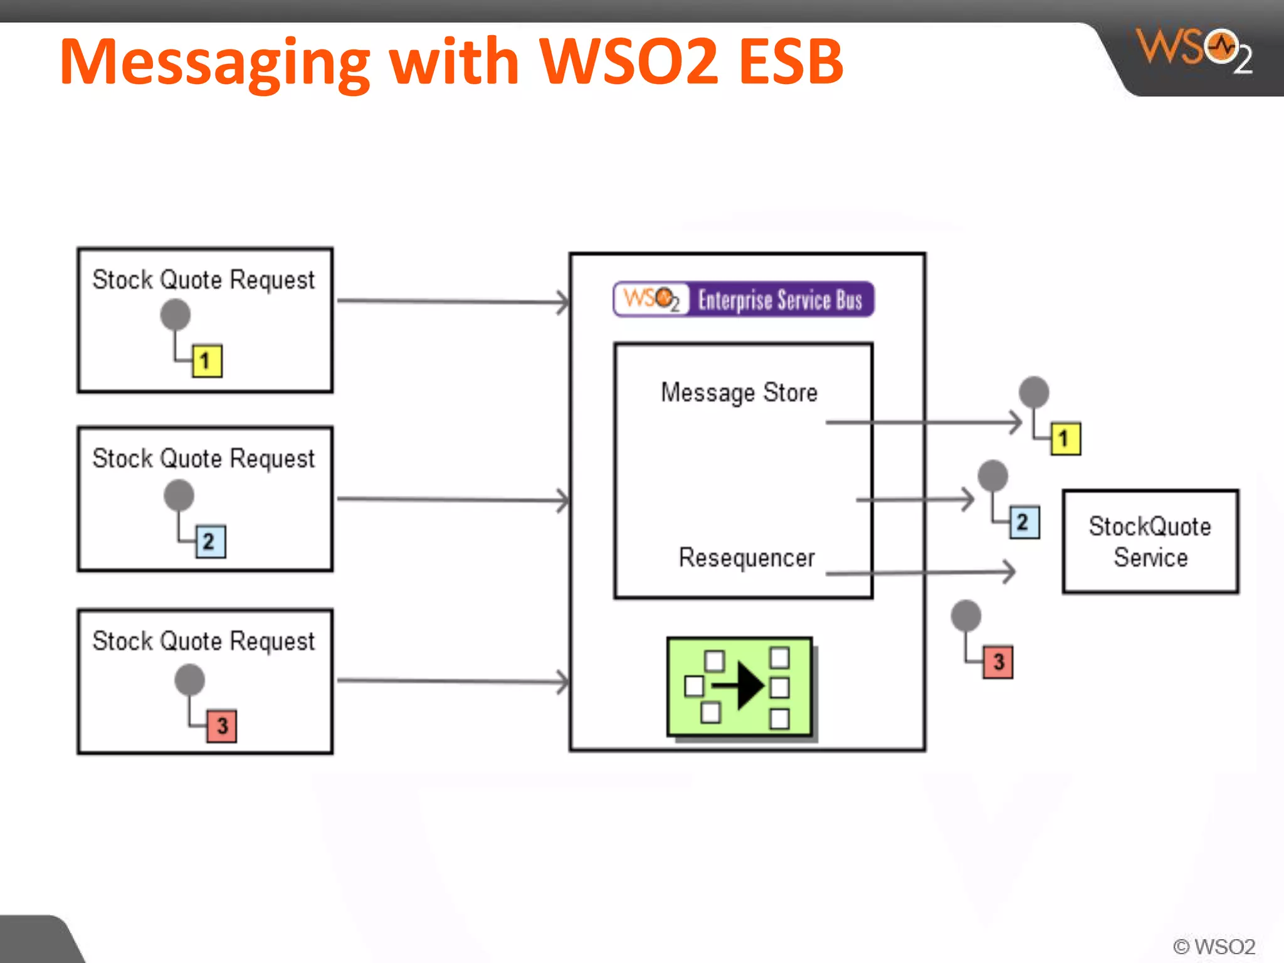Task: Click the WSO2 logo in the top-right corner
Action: tap(1194, 50)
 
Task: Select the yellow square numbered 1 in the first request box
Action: tap(207, 360)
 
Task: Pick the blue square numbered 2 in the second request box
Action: tap(211, 541)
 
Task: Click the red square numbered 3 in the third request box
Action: tap(221, 725)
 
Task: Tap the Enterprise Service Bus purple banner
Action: tap(744, 300)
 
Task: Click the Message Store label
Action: tap(739, 393)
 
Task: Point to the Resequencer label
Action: tap(747, 557)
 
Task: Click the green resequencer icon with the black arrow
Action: tap(740, 687)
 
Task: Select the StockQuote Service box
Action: tap(1150, 541)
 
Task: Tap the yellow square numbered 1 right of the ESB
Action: tap(1065, 438)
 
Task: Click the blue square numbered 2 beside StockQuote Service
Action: tap(1024, 522)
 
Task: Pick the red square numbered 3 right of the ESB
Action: tap(998, 661)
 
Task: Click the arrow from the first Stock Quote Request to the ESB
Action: tap(451, 302)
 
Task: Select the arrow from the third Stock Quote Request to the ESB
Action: tap(451, 681)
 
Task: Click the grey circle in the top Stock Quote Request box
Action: tap(175, 314)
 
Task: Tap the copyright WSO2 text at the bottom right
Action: tap(1214, 946)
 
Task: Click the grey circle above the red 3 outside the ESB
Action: tap(966, 615)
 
